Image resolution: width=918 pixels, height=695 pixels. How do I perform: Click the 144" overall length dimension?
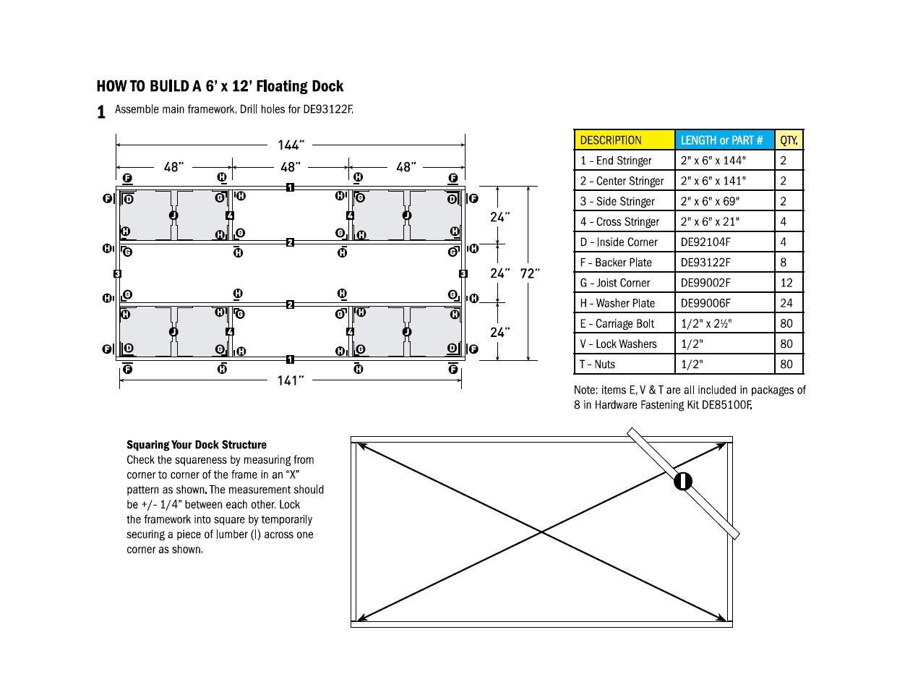point(290,145)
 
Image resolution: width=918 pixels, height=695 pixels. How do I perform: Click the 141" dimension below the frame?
point(289,380)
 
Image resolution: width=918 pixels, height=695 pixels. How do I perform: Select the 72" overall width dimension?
point(531,273)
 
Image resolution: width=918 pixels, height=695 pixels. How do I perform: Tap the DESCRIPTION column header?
point(611,140)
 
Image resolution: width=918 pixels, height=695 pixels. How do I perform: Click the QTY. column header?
point(789,140)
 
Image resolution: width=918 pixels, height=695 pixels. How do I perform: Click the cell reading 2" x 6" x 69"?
point(713,202)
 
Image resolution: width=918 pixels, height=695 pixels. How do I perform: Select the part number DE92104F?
point(705,242)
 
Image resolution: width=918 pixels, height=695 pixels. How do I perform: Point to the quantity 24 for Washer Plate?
point(786,303)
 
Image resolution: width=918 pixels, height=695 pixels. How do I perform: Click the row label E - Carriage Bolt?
point(618,324)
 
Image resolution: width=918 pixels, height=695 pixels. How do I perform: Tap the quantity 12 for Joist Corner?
point(786,283)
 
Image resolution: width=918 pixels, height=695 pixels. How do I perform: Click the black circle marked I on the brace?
point(683,481)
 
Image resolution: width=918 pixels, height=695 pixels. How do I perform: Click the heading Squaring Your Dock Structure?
point(197,445)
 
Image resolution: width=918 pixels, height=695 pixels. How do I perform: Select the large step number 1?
point(102,113)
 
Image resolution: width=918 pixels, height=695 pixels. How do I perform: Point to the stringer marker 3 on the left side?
point(116,273)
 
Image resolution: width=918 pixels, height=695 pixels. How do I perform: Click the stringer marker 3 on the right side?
point(463,273)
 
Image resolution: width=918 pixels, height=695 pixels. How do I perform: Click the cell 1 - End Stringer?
point(616,161)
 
